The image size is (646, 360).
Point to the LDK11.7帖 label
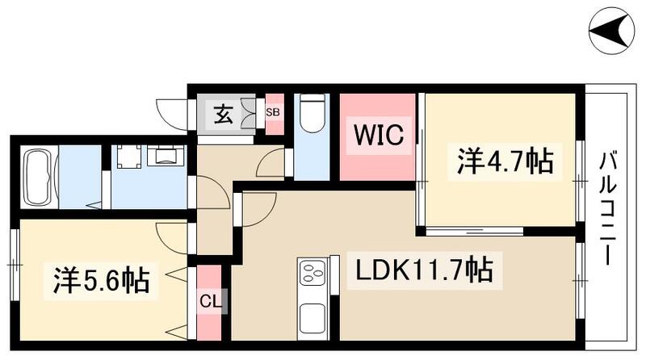tap(420, 270)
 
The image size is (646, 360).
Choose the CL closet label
tap(208, 303)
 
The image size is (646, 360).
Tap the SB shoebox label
tap(273, 113)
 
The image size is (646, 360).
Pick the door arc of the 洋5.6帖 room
tap(172, 235)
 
